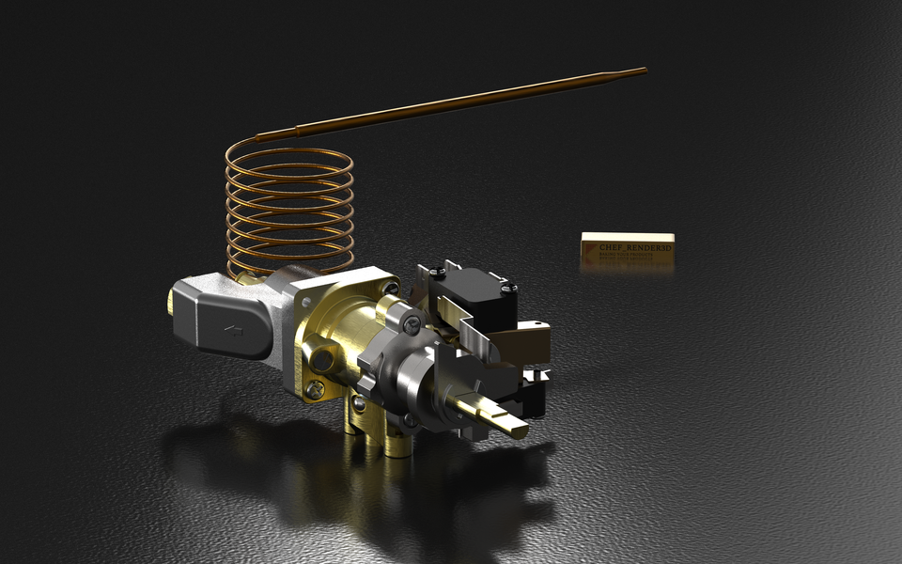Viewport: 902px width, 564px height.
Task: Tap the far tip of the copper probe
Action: click(644, 70)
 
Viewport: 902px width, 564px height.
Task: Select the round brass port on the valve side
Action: click(325, 356)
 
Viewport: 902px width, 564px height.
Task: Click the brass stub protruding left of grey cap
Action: click(173, 301)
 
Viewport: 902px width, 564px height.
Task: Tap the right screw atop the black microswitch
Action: click(507, 289)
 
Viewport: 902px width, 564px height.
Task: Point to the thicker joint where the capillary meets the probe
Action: click(299, 131)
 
